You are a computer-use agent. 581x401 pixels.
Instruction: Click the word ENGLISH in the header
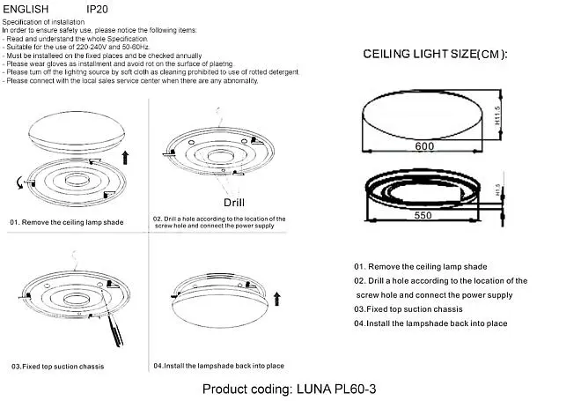(26, 9)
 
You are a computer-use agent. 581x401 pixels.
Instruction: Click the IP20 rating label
(97, 9)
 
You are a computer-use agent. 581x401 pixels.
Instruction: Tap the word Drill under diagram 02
(234, 202)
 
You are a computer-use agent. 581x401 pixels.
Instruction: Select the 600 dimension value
(424, 146)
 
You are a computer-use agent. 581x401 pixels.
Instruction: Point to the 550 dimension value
(423, 216)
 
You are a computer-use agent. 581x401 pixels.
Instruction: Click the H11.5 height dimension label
(497, 115)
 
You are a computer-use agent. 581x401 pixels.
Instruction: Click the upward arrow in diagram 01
(125, 158)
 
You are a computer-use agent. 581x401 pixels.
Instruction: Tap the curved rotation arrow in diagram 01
(19, 182)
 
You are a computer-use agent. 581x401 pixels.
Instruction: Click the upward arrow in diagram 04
(276, 299)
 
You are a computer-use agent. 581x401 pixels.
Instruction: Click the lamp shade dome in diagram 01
(77, 132)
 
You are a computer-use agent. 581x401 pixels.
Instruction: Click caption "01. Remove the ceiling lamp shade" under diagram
(67, 222)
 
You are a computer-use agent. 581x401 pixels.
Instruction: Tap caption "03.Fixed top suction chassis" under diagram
(57, 367)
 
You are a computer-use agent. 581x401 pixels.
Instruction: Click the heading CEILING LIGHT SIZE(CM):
(435, 54)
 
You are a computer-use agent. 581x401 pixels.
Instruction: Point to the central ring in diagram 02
(221, 156)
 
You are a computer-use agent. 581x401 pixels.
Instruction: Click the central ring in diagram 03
(77, 299)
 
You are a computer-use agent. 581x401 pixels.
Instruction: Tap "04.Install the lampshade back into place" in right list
(430, 323)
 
